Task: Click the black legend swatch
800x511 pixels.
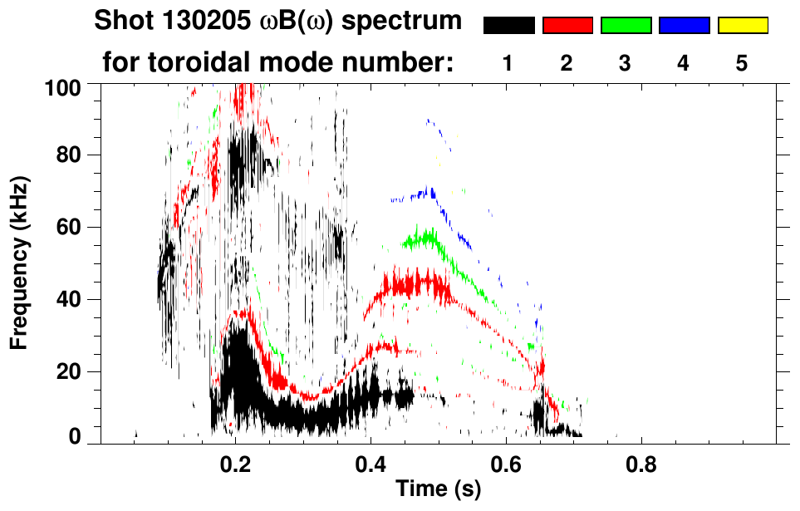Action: pyautogui.click(x=509, y=26)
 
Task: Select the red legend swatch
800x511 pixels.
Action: pyautogui.click(x=567, y=26)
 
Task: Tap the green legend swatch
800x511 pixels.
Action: pyautogui.click(x=626, y=26)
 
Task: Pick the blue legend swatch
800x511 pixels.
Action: pyautogui.click(x=684, y=26)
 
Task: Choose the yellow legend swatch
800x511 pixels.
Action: pyautogui.click(x=742, y=26)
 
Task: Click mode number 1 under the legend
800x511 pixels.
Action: pyautogui.click(x=508, y=63)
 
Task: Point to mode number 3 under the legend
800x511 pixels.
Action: pyautogui.click(x=625, y=63)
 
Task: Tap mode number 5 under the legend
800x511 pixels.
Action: pyautogui.click(x=742, y=63)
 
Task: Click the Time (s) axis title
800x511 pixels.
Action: pyautogui.click(x=437, y=489)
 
